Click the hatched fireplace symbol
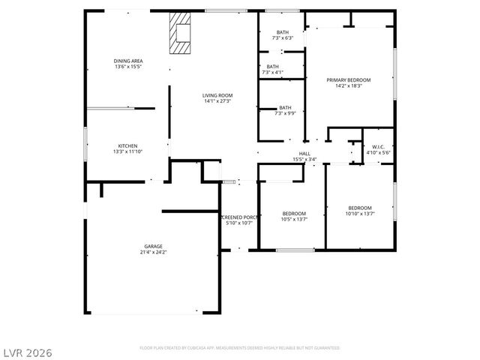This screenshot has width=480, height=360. (x=181, y=34)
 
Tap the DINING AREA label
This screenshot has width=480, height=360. (x=128, y=61)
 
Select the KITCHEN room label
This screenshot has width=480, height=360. (x=127, y=145)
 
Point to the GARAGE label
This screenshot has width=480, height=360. (x=153, y=246)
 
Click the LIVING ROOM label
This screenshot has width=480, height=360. (x=217, y=95)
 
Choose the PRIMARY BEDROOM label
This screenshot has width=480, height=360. (x=349, y=79)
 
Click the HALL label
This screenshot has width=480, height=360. (x=305, y=153)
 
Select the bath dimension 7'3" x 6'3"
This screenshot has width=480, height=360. (x=283, y=38)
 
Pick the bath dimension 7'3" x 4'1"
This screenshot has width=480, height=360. (x=272, y=73)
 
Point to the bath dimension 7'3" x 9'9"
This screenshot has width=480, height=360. (x=285, y=113)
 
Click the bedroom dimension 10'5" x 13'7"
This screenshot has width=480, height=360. (x=293, y=219)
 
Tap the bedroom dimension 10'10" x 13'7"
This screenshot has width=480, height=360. (x=359, y=214)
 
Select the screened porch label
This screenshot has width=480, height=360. (x=239, y=217)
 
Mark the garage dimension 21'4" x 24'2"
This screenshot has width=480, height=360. (x=153, y=253)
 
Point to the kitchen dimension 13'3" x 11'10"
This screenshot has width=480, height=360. (x=127, y=152)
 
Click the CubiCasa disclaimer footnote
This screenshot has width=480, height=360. (x=239, y=348)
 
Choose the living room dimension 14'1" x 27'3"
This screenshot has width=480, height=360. (x=217, y=101)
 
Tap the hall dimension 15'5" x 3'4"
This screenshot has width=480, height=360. (x=305, y=159)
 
